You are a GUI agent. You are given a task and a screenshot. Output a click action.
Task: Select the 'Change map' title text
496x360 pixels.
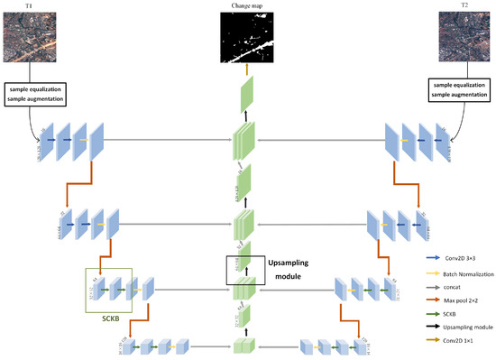coord(246,6)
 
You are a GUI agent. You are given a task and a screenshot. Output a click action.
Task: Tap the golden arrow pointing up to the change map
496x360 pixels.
coord(246,69)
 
